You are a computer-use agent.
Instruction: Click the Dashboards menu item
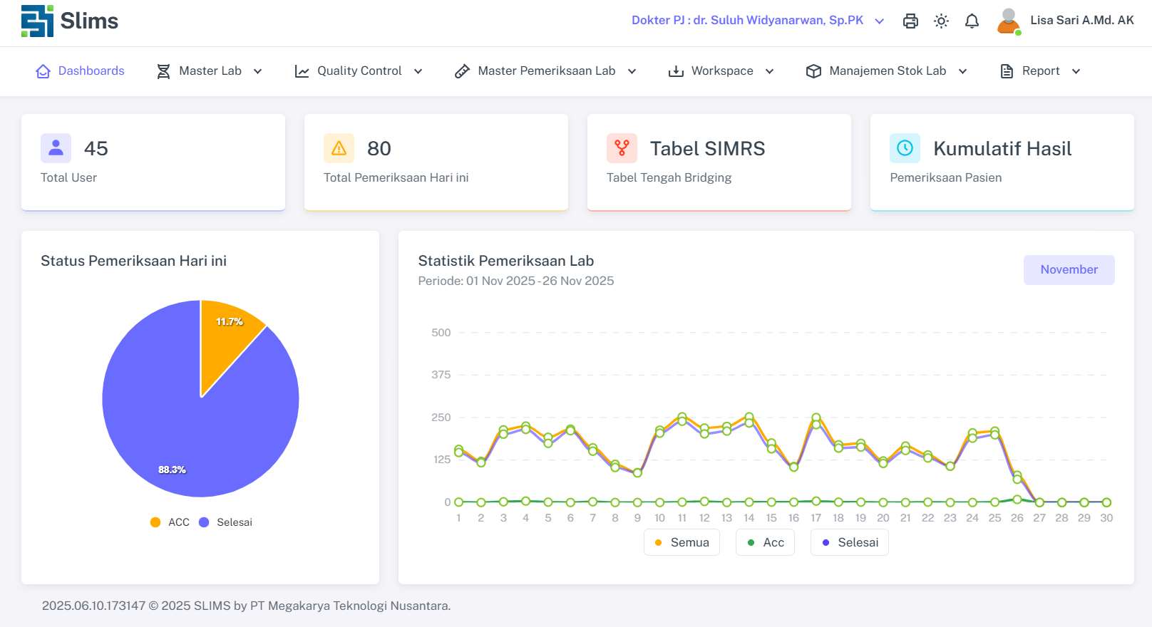point(81,71)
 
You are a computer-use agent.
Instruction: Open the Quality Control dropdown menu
point(359,71)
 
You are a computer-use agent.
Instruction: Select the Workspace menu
point(721,71)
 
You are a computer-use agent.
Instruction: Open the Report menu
point(1040,71)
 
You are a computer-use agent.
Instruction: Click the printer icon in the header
point(910,21)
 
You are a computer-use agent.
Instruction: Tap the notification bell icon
point(972,21)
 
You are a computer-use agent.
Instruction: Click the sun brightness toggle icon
point(941,21)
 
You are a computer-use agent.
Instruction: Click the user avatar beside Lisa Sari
point(1008,21)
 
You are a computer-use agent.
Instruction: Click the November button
point(1069,270)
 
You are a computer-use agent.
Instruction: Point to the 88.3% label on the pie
point(172,470)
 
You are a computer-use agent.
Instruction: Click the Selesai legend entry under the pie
point(226,522)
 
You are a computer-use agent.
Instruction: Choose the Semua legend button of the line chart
point(682,542)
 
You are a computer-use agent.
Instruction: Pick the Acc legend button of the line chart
point(765,542)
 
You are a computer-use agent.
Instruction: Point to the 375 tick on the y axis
point(441,375)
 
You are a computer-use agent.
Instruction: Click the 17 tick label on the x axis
point(816,518)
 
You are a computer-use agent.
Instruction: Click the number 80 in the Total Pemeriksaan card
point(379,148)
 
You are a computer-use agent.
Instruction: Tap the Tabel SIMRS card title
point(707,148)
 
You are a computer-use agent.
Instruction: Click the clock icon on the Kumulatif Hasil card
point(905,148)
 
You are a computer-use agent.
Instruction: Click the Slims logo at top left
point(70,21)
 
